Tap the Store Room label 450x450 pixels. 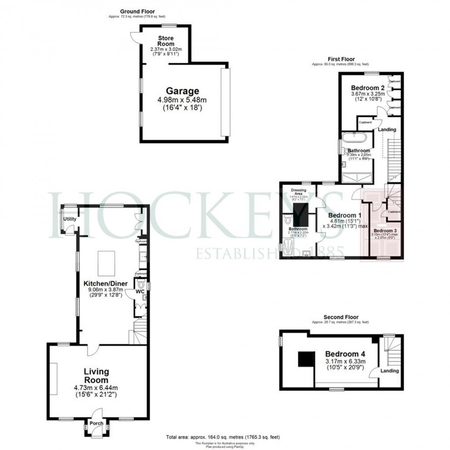pos(166,41)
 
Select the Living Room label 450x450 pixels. pos(96,376)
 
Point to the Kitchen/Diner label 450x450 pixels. pos(105,283)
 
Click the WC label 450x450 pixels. pos(140,291)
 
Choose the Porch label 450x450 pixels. pos(96,423)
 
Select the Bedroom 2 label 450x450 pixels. pos(367,87)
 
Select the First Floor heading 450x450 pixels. pos(341,59)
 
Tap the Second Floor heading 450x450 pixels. pos(343,317)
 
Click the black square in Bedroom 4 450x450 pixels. pos(305,359)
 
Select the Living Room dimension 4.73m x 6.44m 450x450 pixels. pos(96,387)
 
